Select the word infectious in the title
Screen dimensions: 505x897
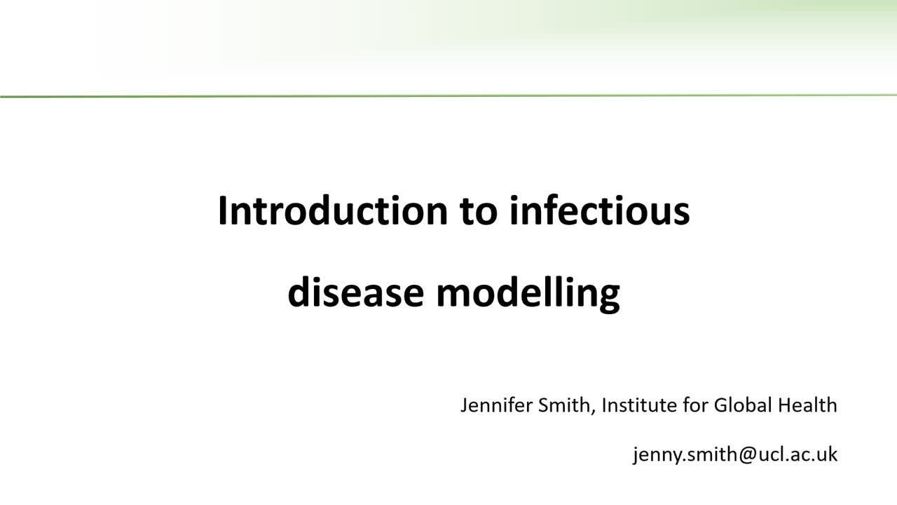tap(600, 210)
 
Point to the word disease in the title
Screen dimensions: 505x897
tap(355, 293)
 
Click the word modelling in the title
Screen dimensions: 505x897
tap(528, 293)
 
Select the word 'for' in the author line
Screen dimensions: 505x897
tap(695, 405)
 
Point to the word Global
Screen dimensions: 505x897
tap(738, 405)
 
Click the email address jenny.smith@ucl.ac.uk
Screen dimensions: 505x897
tap(735, 454)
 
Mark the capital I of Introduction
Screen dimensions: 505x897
tap(222, 210)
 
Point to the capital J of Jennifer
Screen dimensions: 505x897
tap(464, 405)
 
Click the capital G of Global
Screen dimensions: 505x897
tap(720, 405)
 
